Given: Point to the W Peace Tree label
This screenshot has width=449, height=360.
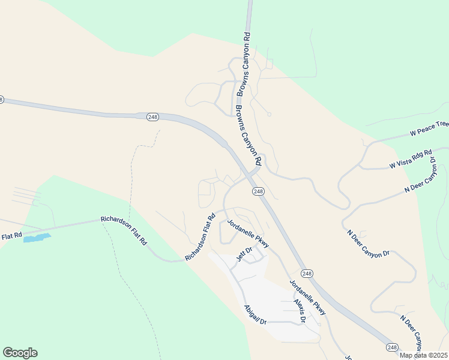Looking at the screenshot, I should coord(429,127).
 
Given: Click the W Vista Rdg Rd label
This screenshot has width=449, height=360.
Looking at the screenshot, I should coord(411,160).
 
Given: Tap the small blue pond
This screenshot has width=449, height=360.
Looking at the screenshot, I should coord(37,238).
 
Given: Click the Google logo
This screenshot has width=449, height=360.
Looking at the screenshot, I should coord(20,353).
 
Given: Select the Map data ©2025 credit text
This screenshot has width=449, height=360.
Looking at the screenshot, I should coord(424,355).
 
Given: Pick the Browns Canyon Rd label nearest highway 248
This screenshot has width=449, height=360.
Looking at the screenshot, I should coord(248,136).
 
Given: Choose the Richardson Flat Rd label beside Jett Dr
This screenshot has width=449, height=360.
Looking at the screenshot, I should coord(200,238).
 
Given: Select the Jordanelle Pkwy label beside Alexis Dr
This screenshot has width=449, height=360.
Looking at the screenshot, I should coord(307,298).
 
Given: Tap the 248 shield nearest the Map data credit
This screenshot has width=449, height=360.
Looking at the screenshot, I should coord(393,347).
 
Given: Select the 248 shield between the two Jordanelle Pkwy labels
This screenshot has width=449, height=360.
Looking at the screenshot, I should coord(307,273).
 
